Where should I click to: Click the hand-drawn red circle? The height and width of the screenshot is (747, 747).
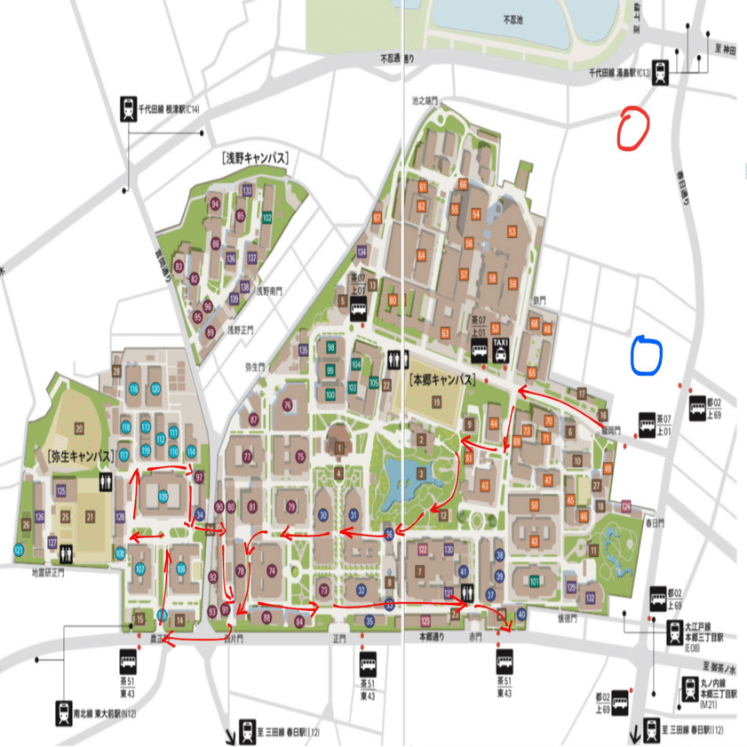(633, 126)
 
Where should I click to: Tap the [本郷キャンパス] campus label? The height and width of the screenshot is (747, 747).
(441, 379)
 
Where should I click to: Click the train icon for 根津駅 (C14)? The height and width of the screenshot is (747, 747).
(127, 108)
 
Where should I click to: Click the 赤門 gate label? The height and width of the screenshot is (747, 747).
(475, 637)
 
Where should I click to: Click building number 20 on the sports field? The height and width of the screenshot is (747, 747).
(78, 428)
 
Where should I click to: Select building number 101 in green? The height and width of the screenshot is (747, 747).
(534, 581)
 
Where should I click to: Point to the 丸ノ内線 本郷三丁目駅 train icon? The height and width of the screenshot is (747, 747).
(689, 686)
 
